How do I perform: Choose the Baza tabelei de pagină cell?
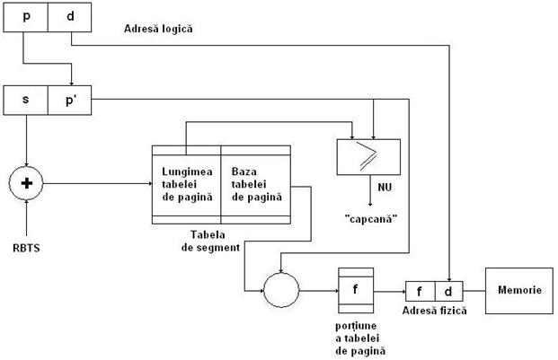pyautogui.click(x=255, y=182)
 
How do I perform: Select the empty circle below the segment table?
pyautogui.click(x=281, y=290)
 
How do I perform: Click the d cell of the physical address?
pyautogui.click(x=448, y=292)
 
